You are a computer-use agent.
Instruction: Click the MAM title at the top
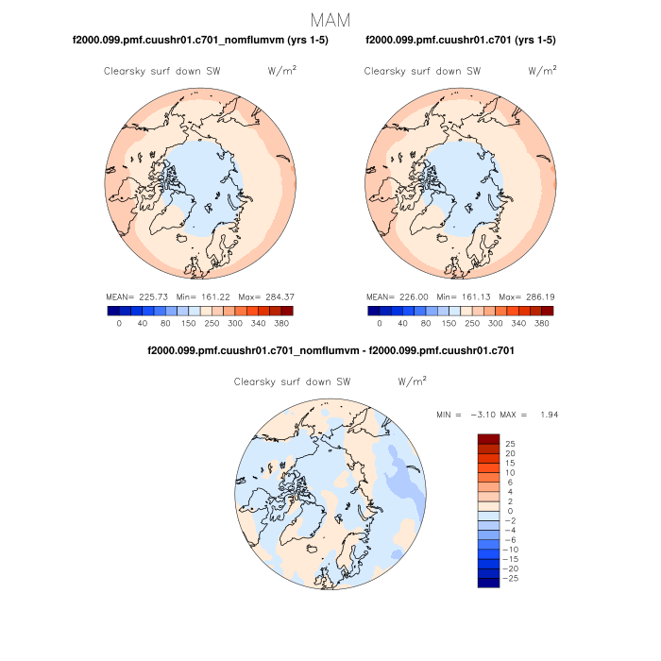330,20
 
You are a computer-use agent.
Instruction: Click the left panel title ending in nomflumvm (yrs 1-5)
200,40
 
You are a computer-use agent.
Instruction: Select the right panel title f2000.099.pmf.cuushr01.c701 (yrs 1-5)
460,40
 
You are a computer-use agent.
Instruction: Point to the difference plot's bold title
330,350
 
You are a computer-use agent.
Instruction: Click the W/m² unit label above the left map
282,71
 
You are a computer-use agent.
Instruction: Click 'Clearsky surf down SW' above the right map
422,71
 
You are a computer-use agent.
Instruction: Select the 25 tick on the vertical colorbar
510,444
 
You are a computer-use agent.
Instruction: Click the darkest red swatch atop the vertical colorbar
488,438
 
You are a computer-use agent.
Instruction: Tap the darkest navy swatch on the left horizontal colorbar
112,310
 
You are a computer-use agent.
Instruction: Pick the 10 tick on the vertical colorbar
510,472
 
